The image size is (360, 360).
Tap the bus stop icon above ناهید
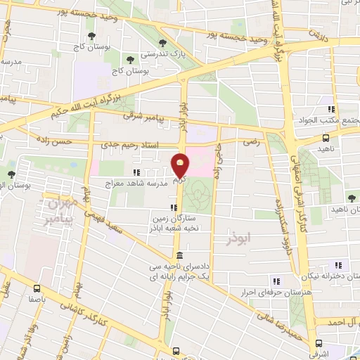[325, 139]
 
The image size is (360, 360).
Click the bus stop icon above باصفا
[36, 287]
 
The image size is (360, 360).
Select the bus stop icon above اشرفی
[321, 343]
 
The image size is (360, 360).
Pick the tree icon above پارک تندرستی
[163, 42]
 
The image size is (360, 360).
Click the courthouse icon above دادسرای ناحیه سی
[180, 255]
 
